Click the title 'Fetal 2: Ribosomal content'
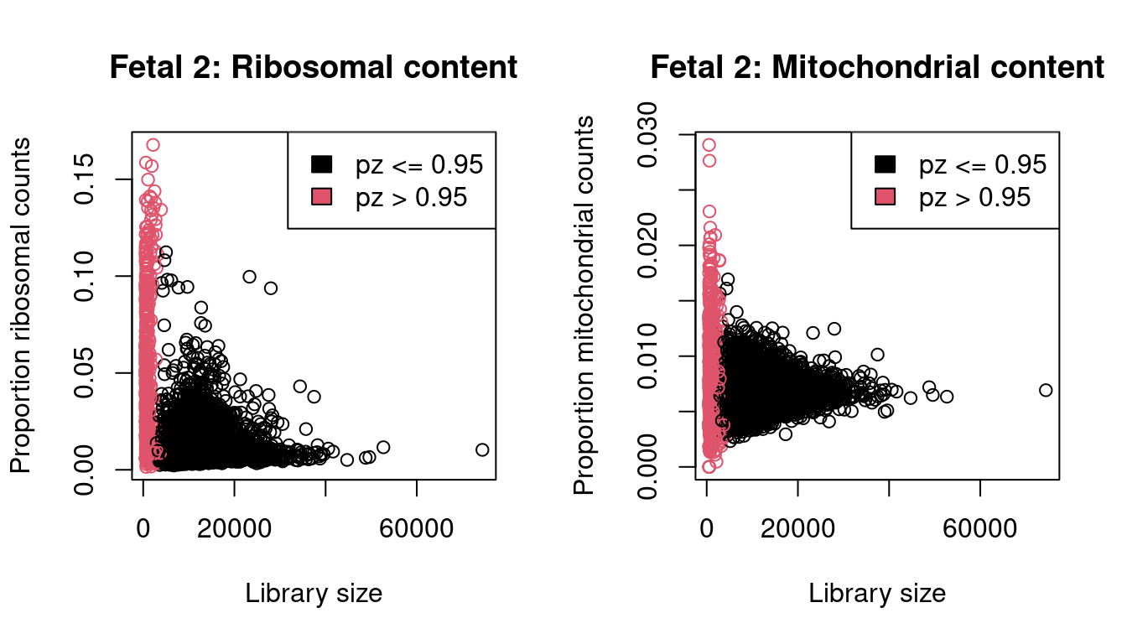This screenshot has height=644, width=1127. (x=314, y=68)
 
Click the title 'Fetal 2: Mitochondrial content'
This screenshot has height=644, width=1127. (x=877, y=68)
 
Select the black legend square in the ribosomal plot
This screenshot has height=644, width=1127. (x=322, y=164)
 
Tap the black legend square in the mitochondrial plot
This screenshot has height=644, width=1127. (x=885, y=164)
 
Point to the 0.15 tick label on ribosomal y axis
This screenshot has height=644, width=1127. (x=85, y=179)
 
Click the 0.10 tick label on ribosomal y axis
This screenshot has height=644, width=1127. (x=85, y=276)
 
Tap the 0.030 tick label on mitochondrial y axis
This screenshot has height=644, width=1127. (x=648, y=134)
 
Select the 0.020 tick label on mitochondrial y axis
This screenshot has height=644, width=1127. (x=648, y=245)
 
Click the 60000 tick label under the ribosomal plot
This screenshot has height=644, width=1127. (x=417, y=530)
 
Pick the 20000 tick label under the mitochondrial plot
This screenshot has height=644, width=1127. (x=798, y=530)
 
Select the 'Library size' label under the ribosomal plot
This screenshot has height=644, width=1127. (x=314, y=594)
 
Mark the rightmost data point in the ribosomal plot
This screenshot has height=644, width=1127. (x=482, y=449)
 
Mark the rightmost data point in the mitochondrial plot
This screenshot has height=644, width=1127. (x=1045, y=390)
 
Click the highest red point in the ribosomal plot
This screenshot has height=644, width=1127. (x=153, y=145)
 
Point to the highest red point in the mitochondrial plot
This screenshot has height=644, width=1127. (x=709, y=145)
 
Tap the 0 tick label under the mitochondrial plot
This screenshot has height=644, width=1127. (x=707, y=530)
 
